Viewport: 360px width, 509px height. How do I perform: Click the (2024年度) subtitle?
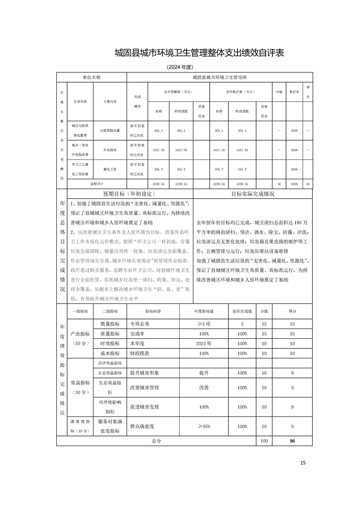(x=181, y=67)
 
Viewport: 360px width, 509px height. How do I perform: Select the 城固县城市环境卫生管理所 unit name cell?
(x=219, y=78)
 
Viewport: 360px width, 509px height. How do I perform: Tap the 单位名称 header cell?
(x=92, y=78)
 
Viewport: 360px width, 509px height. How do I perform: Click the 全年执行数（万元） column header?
(x=240, y=92)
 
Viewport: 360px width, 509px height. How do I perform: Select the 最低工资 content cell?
(x=110, y=169)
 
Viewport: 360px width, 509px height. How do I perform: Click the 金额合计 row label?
(x=97, y=184)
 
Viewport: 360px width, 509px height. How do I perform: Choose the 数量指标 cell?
(x=109, y=324)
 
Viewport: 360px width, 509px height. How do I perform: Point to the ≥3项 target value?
(x=204, y=324)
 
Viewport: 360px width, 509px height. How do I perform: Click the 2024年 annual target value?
(x=204, y=343)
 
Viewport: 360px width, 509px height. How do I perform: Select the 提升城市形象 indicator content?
(x=144, y=373)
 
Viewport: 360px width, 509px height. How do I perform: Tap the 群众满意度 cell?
(x=142, y=426)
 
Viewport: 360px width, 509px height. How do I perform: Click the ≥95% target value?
(x=204, y=426)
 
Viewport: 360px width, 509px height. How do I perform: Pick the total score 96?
(x=292, y=440)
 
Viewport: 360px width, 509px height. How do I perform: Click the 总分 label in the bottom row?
(x=157, y=440)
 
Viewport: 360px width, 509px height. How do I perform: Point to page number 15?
(x=303, y=463)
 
